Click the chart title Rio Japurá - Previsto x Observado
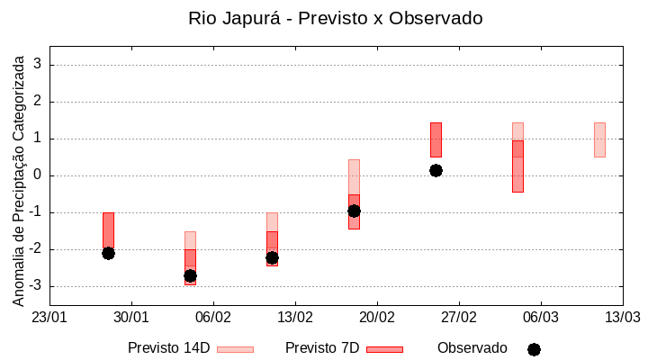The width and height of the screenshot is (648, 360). pos(335,18)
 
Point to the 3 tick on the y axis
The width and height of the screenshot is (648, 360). pos(38,65)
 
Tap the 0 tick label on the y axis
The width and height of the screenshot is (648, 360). pos(38,175)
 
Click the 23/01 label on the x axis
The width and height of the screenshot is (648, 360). pos(49,317)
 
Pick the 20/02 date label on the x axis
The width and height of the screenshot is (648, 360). pos(377,317)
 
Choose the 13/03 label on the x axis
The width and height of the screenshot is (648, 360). pos(622,317)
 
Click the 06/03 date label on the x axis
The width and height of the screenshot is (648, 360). pos(540,317)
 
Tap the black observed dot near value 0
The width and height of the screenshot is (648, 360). pos(436,170)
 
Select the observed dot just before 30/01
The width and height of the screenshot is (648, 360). pos(108,253)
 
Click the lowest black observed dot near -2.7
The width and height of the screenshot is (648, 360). pos(190,275)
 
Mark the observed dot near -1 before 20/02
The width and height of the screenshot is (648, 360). pos(354,211)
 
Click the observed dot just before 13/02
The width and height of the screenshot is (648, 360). pos(272,257)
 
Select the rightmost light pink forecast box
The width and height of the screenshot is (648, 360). pos(599,139)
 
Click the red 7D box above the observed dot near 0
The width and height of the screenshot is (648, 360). pos(436,139)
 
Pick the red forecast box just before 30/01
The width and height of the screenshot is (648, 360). pos(108,229)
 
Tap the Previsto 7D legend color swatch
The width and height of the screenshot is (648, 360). pos(384,349)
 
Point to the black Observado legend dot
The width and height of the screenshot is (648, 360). pos(534,349)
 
